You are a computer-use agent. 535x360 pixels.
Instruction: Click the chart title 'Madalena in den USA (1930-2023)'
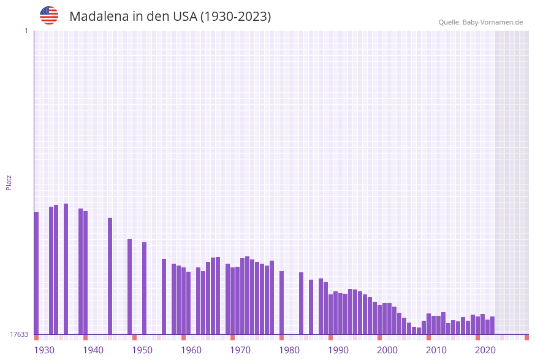point(170,17)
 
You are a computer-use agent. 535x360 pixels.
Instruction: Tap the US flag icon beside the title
point(49,15)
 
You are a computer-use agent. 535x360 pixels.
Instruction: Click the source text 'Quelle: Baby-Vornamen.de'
point(480,22)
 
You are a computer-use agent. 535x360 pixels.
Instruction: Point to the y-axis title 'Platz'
point(9,182)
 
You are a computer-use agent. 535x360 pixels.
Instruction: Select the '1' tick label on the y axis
point(26,31)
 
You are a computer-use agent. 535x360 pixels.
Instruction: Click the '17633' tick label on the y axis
point(19,334)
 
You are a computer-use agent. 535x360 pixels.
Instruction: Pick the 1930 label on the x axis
point(44,350)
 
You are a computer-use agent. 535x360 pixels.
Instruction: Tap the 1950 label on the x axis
point(142,350)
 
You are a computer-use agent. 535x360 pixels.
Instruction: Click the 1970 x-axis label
point(240,350)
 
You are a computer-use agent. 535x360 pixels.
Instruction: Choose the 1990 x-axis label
point(338,350)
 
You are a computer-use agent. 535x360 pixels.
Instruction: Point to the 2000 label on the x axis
point(387,350)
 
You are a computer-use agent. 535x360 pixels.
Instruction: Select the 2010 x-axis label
point(436,350)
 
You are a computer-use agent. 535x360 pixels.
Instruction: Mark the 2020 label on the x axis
point(485,350)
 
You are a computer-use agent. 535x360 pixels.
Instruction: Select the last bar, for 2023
point(492,325)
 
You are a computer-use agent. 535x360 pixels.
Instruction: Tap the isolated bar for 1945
point(110,276)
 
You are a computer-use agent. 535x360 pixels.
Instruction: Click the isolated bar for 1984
point(302,303)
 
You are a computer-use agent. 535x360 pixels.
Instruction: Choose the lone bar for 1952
point(145,288)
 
